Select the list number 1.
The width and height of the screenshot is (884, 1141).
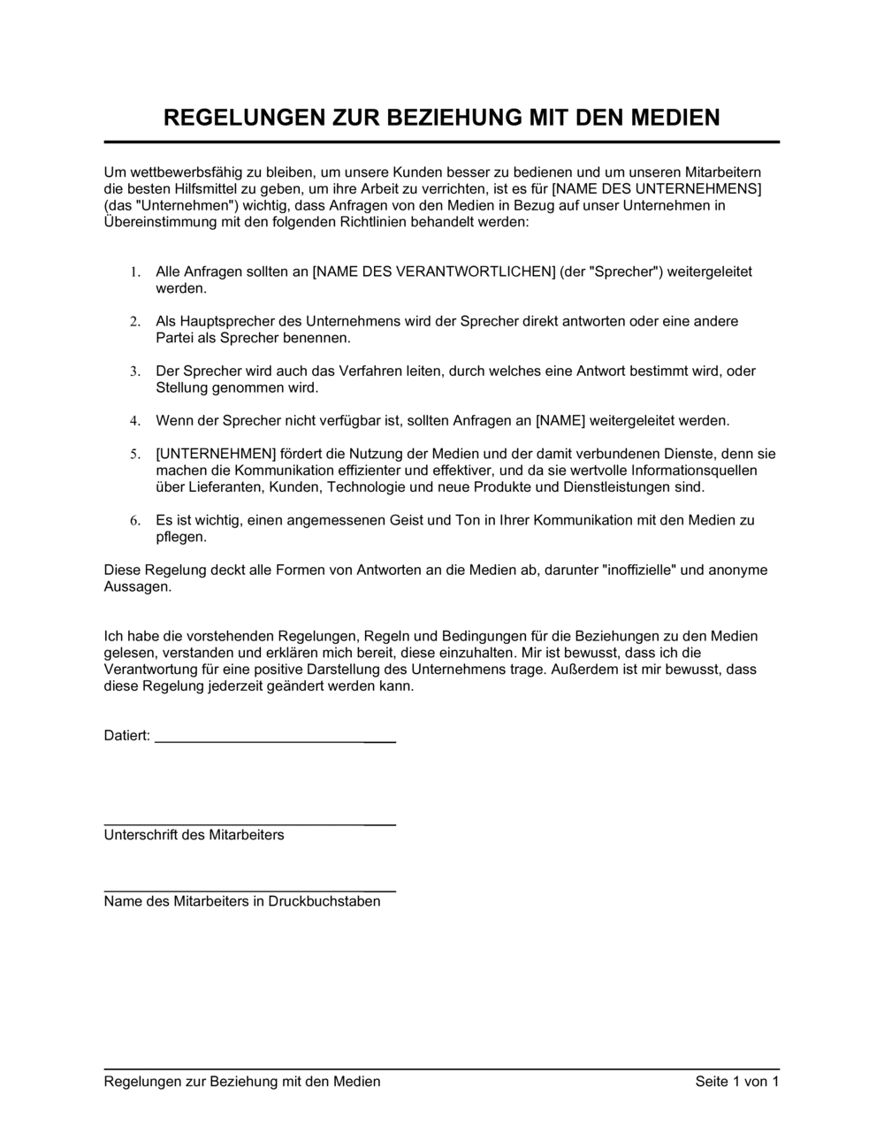[x=135, y=272]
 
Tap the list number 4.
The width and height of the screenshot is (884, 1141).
[x=135, y=421]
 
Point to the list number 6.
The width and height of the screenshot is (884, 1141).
[x=135, y=521]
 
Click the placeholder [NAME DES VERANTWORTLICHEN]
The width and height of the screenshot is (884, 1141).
[x=434, y=272]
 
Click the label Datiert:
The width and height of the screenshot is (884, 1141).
[x=127, y=736]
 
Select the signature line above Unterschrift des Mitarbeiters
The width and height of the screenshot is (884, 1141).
[x=249, y=824]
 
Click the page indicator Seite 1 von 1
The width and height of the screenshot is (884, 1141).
[x=737, y=1082]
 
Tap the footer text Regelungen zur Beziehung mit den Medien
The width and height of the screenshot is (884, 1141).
[x=242, y=1082]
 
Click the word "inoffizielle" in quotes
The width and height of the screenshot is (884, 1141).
[x=639, y=570]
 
